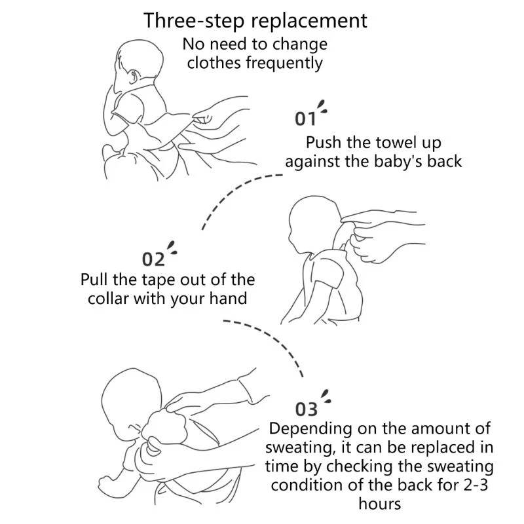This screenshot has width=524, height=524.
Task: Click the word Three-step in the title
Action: pyautogui.click(x=195, y=21)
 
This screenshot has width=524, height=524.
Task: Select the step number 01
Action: pyautogui.click(x=305, y=119)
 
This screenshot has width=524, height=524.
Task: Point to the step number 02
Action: pyautogui.click(x=153, y=259)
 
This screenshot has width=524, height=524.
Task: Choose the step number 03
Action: pyautogui.click(x=306, y=409)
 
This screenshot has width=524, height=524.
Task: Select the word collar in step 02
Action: pyautogui.click(x=108, y=298)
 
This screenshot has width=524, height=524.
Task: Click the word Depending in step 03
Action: pyautogui.click(x=310, y=429)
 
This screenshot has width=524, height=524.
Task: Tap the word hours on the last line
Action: pyautogui.click(x=380, y=504)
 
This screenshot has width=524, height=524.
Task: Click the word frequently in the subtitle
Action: pyautogui.click(x=284, y=64)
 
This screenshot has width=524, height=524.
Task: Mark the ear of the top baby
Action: pyautogui.click(x=134, y=77)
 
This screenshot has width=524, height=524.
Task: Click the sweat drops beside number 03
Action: pyautogui.click(x=326, y=397)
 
